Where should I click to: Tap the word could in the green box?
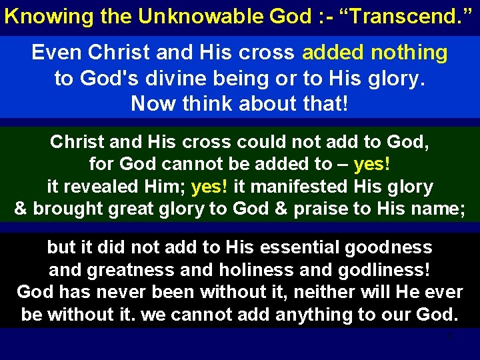(x=253, y=142)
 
